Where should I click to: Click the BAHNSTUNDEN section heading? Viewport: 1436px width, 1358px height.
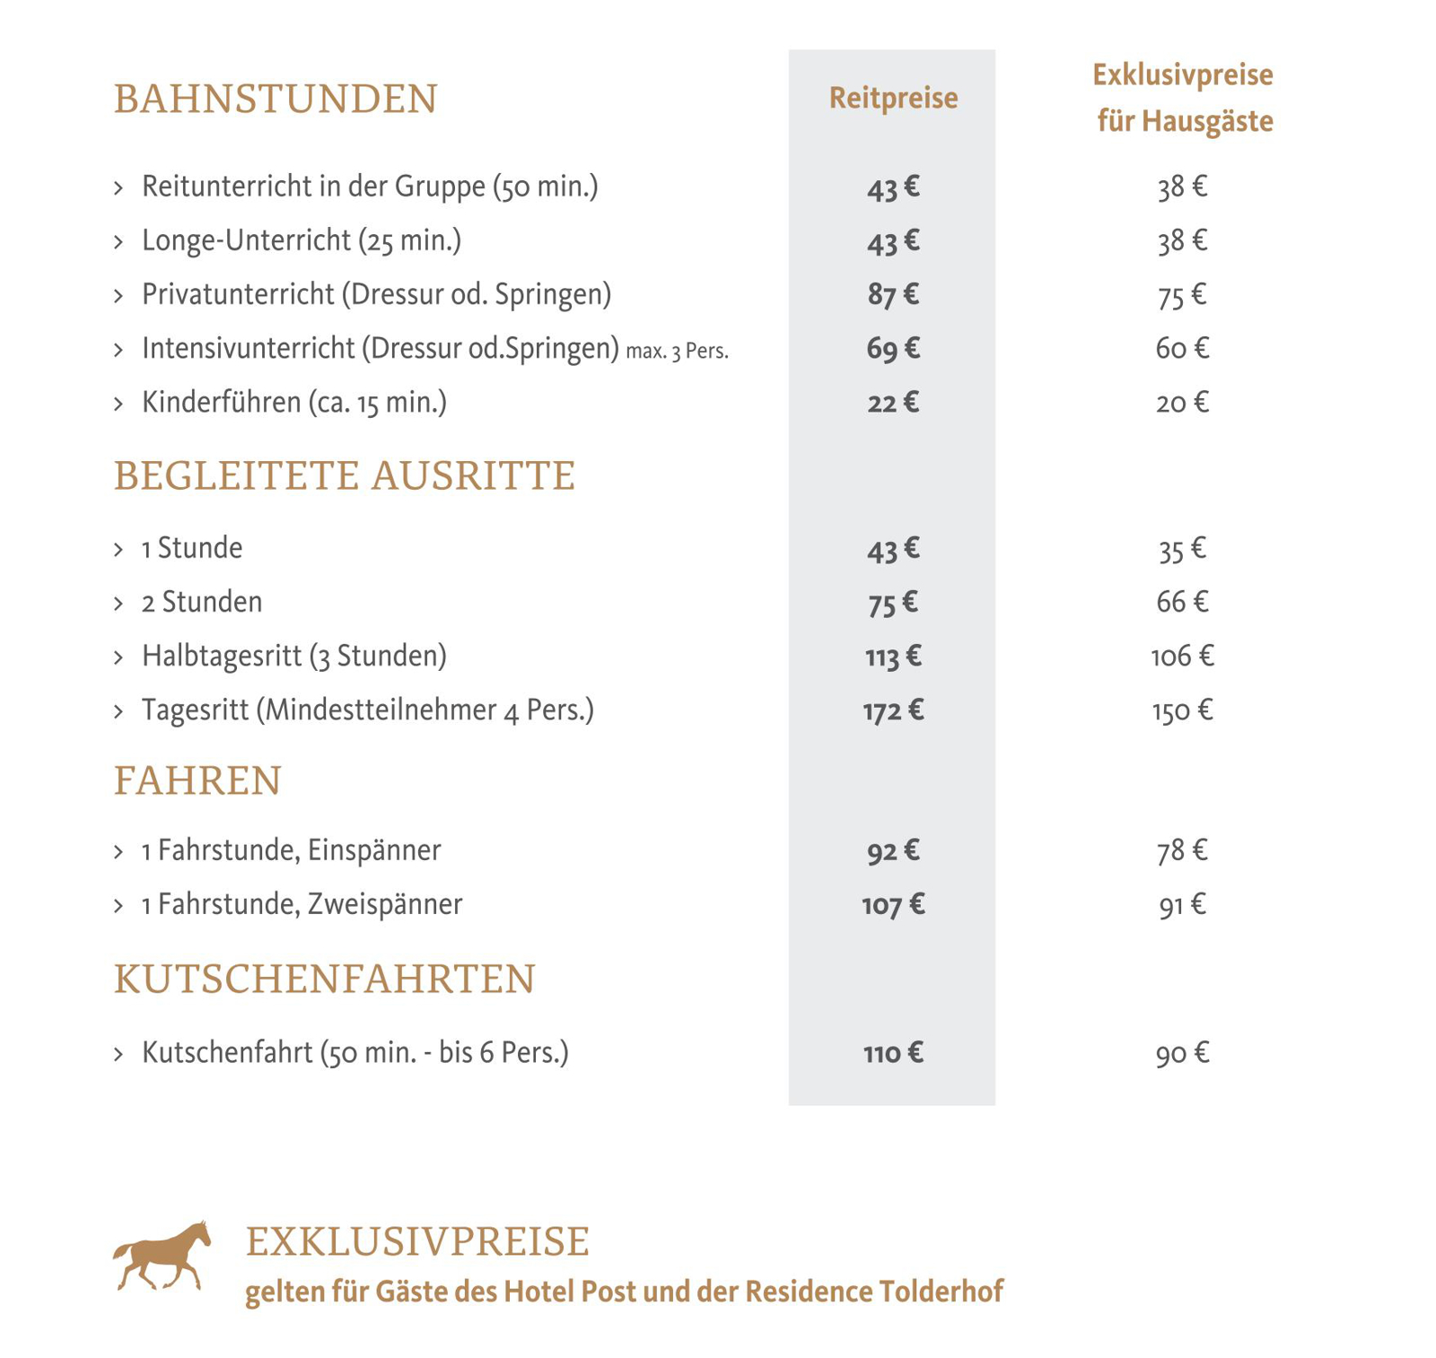(x=275, y=99)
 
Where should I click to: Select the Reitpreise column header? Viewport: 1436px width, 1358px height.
(x=892, y=98)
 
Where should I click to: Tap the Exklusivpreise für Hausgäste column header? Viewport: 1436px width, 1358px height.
(x=1183, y=98)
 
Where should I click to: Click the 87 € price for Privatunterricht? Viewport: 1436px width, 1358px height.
(x=892, y=295)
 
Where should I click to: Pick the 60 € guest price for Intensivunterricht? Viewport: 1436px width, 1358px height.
(x=1182, y=348)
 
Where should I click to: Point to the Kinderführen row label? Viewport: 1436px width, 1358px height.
(x=293, y=403)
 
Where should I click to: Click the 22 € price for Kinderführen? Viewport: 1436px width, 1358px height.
(x=892, y=403)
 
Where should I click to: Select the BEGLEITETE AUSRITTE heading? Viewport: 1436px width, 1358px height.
(x=344, y=475)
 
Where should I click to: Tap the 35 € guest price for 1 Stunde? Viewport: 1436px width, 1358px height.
(x=1182, y=549)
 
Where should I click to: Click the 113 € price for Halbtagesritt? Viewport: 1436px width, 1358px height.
(x=892, y=657)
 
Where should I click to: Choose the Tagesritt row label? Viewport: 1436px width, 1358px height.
(x=367, y=710)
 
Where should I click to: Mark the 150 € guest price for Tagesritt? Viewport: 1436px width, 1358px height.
(x=1182, y=711)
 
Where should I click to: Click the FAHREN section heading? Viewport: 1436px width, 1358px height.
(x=197, y=780)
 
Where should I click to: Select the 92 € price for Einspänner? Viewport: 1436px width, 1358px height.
(x=892, y=850)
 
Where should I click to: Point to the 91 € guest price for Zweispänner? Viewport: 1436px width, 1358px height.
(x=1182, y=904)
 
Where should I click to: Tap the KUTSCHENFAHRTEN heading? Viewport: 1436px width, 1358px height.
(x=324, y=979)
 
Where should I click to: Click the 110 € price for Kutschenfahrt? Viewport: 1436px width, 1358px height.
(x=892, y=1053)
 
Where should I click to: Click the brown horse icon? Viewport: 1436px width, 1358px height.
(x=162, y=1256)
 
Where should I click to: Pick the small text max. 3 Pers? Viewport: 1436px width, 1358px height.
(x=677, y=351)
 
